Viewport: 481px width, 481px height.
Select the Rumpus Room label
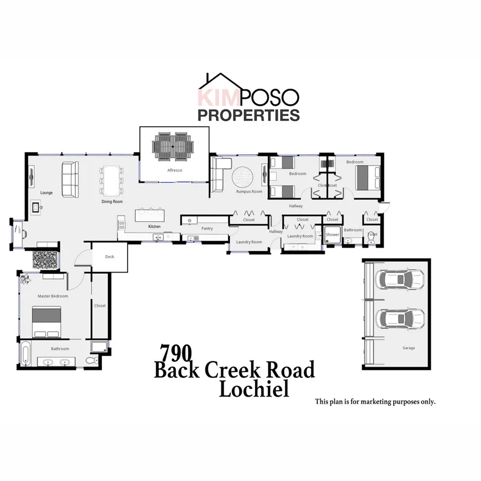click(x=249, y=191)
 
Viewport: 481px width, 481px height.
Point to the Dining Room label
click(x=112, y=201)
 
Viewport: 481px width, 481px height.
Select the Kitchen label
click(x=154, y=227)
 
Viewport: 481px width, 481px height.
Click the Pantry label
click(x=207, y=228)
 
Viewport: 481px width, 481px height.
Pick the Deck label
click(x=110, y=257)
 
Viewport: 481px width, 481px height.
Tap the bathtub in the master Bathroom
click(x=25, y=353)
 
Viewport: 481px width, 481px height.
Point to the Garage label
click(x=408, y=348)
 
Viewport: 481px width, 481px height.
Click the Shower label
click(x=332, y=234)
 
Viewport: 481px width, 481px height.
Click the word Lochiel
click(x=254, y=389)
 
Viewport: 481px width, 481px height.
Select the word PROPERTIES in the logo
click(x=249, y=114)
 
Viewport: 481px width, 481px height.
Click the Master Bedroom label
click(x=53, y=296)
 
